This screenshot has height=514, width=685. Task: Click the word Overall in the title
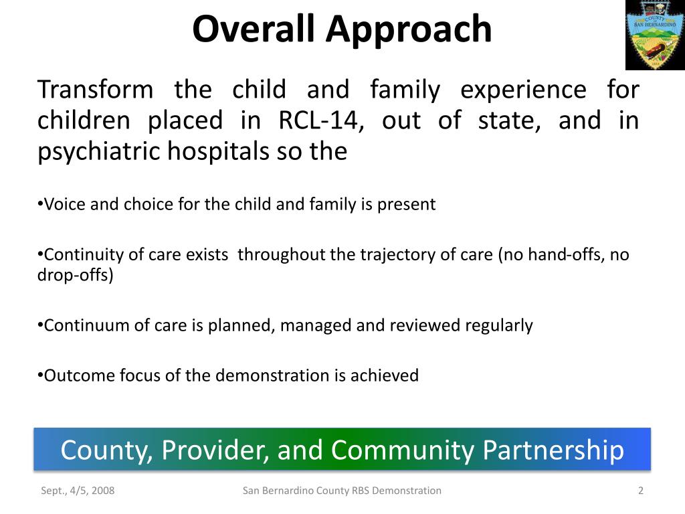[x=254, y=29]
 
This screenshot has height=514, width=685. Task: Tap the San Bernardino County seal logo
[x=655, y=35]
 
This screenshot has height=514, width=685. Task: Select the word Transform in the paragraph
[x=95, y=90]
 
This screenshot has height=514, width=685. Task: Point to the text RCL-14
[x=321, y=120]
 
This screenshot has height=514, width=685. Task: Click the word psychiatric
[x=98, y=152]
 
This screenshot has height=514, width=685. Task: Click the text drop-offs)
[x=75, y=275]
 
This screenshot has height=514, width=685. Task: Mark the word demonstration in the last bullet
[x=272, y=375]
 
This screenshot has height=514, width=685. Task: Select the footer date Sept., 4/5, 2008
[x=78, y=491]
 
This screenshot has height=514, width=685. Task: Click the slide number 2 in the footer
[x=640, y=491]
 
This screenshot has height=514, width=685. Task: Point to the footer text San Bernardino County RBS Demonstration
[x=342, y=491]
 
